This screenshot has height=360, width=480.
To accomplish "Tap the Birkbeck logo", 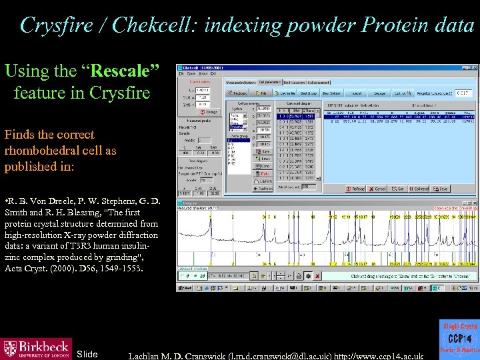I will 36,348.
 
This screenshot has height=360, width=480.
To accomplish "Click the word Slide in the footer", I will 87,354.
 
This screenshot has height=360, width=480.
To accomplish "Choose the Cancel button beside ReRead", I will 381,189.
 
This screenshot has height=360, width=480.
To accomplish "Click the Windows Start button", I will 184,288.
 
